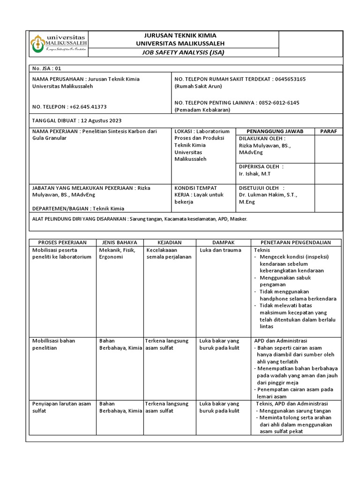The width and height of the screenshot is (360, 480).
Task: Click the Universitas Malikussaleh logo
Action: tap(59, 43)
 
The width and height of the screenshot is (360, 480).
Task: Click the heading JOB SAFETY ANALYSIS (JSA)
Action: tap(183, 52)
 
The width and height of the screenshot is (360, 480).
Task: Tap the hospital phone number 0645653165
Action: tap(290, 79)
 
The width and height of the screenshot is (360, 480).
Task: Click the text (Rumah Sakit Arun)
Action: tap(198, 86)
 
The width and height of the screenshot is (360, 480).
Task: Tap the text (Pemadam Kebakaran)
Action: tap(202, 110)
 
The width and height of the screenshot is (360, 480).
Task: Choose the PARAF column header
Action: tap(328, 131)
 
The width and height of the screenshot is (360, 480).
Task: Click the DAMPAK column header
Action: tap(223, 242)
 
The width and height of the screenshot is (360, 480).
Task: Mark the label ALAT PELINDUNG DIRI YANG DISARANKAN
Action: tap(78, 219)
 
